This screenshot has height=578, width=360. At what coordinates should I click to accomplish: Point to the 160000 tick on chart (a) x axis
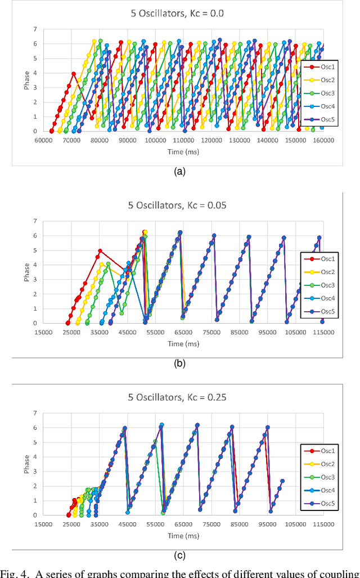pyautogui.click(x=323, y=140)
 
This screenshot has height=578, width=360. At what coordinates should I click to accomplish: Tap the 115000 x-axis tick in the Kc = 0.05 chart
pyautogui.click(x=323, y=332)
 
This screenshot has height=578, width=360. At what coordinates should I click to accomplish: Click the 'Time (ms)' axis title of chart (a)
pyautogui.click(x=183, y=151)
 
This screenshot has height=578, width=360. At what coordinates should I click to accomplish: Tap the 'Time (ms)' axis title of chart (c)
pyautogui.click(x=183, y=536)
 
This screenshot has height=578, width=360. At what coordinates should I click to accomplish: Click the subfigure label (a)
pyautogui.click(x=179, y=172)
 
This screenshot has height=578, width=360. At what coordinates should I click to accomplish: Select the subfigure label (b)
pyautogui.click(x=179, y=364)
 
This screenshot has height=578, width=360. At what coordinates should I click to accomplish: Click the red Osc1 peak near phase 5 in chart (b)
pyautogui.click(x=100, y=250)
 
